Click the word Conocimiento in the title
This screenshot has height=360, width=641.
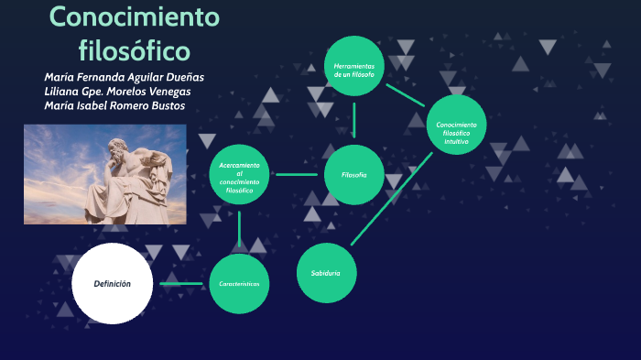pos(135,16)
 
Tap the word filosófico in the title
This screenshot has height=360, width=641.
pos(135,48)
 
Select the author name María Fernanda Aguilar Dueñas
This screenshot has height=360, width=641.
pos(124,77)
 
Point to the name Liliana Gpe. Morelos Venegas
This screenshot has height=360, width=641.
pos(117,92)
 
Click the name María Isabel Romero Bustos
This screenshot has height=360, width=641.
pos(114,106)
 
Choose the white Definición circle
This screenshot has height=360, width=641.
pos(112,284)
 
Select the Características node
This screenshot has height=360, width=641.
pos(239,284)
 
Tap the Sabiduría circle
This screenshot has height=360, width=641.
pos(326,273)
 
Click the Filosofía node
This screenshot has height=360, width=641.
pos(353,174)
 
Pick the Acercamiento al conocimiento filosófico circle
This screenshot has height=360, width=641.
pos(240,175)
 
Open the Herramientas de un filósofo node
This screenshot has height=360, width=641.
pos(353,67)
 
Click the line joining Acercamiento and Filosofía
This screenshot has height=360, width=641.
pos(297,174)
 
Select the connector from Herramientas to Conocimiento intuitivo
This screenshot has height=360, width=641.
pos(405,94)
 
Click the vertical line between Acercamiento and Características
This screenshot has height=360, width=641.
pos(239,229)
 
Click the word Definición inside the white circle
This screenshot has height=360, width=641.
pos(112,284)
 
